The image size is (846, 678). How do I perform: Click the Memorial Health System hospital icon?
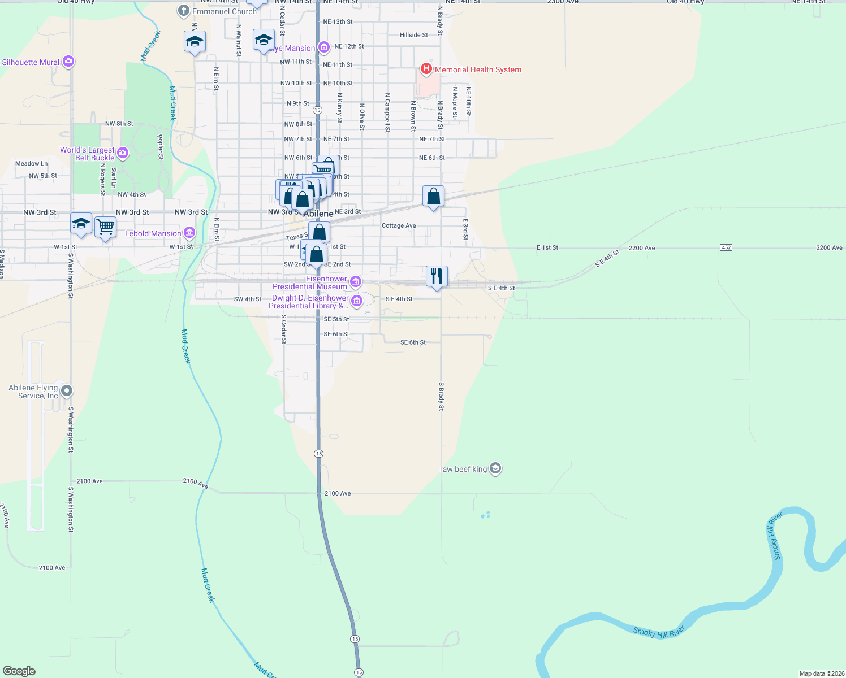[x=426, y=69]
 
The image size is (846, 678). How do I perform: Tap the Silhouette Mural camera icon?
[x=68, y=62]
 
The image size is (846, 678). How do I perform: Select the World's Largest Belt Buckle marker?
[x=123, y=153]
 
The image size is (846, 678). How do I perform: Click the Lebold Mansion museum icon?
[x=189, y=233]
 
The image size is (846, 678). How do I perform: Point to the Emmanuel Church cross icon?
[x=184, y=11]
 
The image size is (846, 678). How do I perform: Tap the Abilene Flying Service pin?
[x=67, y=391]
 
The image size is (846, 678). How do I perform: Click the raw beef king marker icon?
[x=495, y=469]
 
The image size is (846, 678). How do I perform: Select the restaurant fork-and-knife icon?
[x=436, y=276]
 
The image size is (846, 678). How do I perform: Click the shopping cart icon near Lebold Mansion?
[x=106, y=228]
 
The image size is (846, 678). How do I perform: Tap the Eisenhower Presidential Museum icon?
[x=356, y=281]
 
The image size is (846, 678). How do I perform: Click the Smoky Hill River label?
[x=659, y=632]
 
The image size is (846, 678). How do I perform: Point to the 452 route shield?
[x=726, y=247]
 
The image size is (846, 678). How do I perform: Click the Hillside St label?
[x=414, y=35]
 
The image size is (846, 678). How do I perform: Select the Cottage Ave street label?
[x=399, y=225]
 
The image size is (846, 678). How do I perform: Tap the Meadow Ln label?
[x=32, y=164]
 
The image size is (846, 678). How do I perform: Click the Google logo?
[x=19, y=671]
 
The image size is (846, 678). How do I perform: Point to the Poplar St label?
[x=160, y=147]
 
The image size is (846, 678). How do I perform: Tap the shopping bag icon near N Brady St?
[x=434, y=197]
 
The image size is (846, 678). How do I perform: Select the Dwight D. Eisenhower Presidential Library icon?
[x=357, y=301]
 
